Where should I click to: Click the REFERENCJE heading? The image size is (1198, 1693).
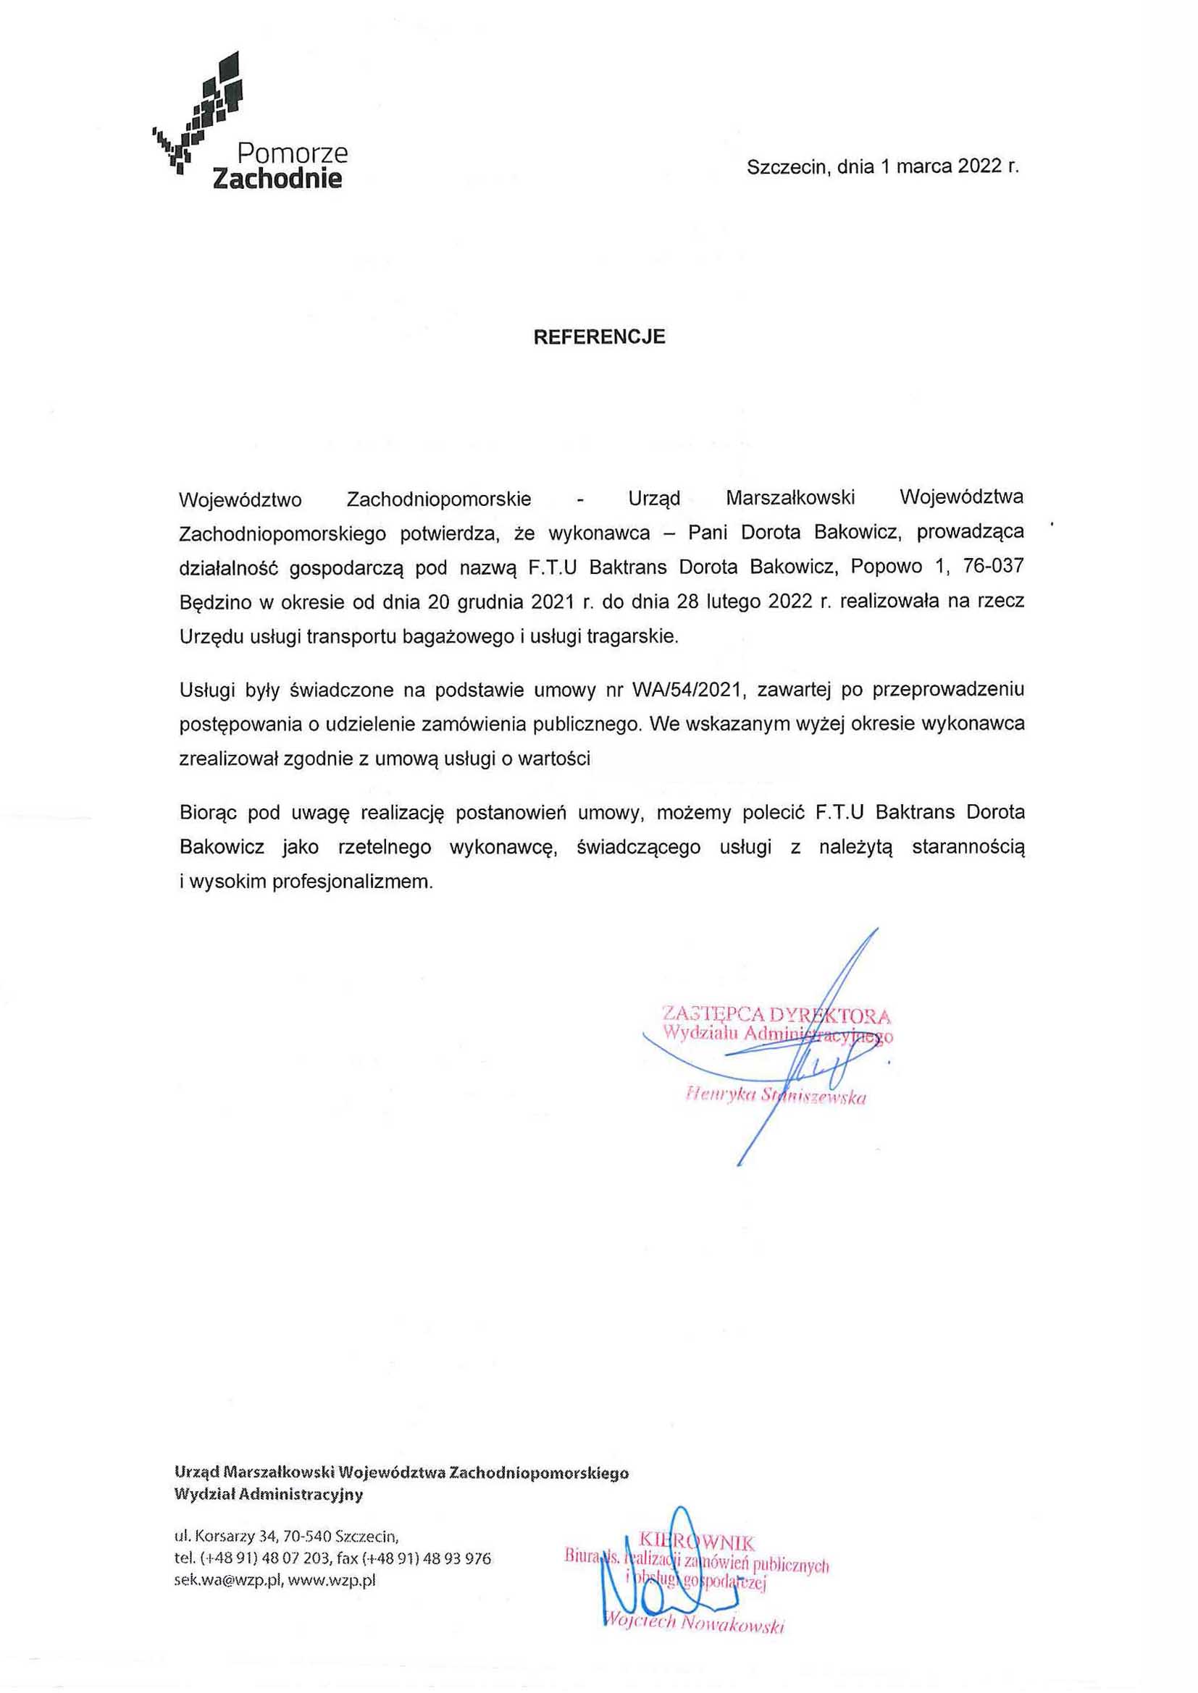click(x=599, y=337)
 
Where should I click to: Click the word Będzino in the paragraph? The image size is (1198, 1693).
click(x=212, y=601)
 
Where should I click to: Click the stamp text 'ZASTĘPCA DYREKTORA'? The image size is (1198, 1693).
click(x=776, y=1016)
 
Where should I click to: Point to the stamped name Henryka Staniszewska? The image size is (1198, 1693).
click(x=774, y=1097)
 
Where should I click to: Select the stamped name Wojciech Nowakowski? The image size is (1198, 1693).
click(x=692, y=1624)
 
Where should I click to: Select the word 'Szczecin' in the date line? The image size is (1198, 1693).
click(x=784, y=166)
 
